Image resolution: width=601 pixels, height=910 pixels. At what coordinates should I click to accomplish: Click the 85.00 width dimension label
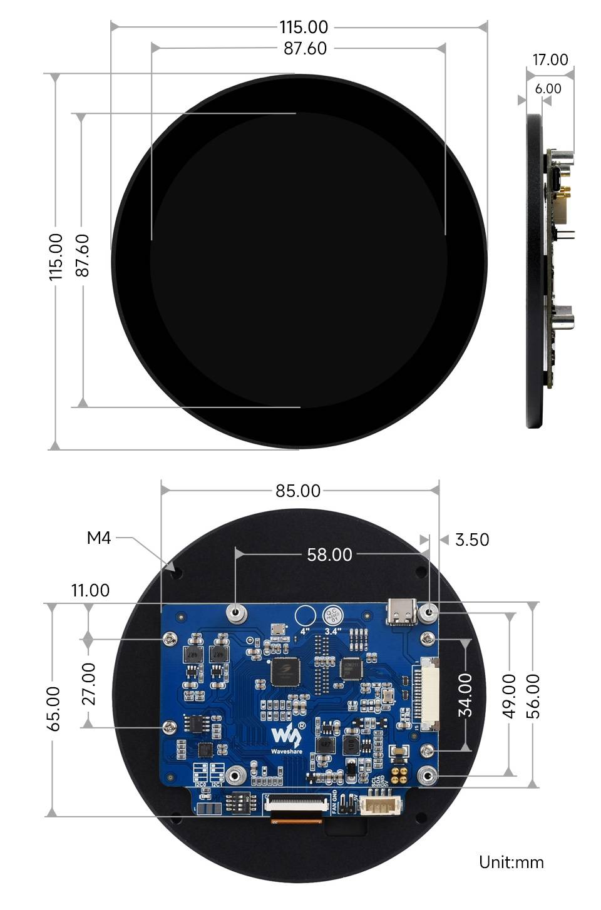(298, 491)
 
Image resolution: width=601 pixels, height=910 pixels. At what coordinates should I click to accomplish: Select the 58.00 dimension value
(329, 555)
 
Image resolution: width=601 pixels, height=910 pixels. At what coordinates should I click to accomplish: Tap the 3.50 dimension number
(472, 539)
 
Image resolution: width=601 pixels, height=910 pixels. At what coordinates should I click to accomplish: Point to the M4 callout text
(99, 538)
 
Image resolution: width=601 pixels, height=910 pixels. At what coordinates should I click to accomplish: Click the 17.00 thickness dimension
(550, 59)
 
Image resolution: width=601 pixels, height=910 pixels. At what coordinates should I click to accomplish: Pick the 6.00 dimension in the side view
(548, 89)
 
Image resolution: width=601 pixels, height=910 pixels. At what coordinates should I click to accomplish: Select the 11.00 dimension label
(90, 590)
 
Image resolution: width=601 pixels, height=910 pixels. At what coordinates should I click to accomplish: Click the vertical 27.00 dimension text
(90, 683)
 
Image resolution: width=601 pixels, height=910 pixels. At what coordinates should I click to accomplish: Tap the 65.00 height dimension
(54, 708)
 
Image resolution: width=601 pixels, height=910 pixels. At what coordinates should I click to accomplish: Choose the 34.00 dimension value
(465, 695)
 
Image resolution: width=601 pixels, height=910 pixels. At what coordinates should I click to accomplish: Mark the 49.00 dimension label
(510, 695)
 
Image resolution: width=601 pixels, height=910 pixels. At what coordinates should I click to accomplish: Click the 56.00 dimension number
(533, 695)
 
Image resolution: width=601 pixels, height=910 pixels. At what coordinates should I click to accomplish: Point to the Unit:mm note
(511, 862)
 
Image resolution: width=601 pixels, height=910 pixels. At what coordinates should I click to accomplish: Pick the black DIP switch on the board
(240, 802)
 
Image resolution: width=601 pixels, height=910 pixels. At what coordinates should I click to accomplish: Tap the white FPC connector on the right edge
(424, 695)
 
